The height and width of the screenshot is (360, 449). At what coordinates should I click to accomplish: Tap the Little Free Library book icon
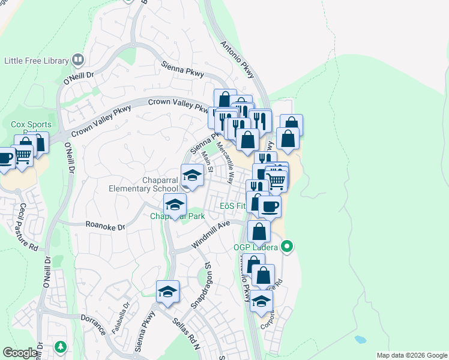(x=77, y=60)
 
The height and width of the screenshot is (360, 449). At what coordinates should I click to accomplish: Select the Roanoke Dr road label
(x=105, y=227)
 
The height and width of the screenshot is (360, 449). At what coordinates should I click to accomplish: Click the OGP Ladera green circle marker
(x=288, y=246)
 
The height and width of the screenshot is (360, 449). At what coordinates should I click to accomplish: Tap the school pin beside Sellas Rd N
(x=167, y=292)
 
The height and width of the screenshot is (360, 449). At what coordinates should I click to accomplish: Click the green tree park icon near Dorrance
(x=60, y=347)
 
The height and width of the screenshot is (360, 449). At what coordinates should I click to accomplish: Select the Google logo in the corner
(x=20, y=353)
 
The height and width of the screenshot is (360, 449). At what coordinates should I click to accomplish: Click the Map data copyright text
(x=412, y=355)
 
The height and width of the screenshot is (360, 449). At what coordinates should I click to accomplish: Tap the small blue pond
(x=360, y=339)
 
